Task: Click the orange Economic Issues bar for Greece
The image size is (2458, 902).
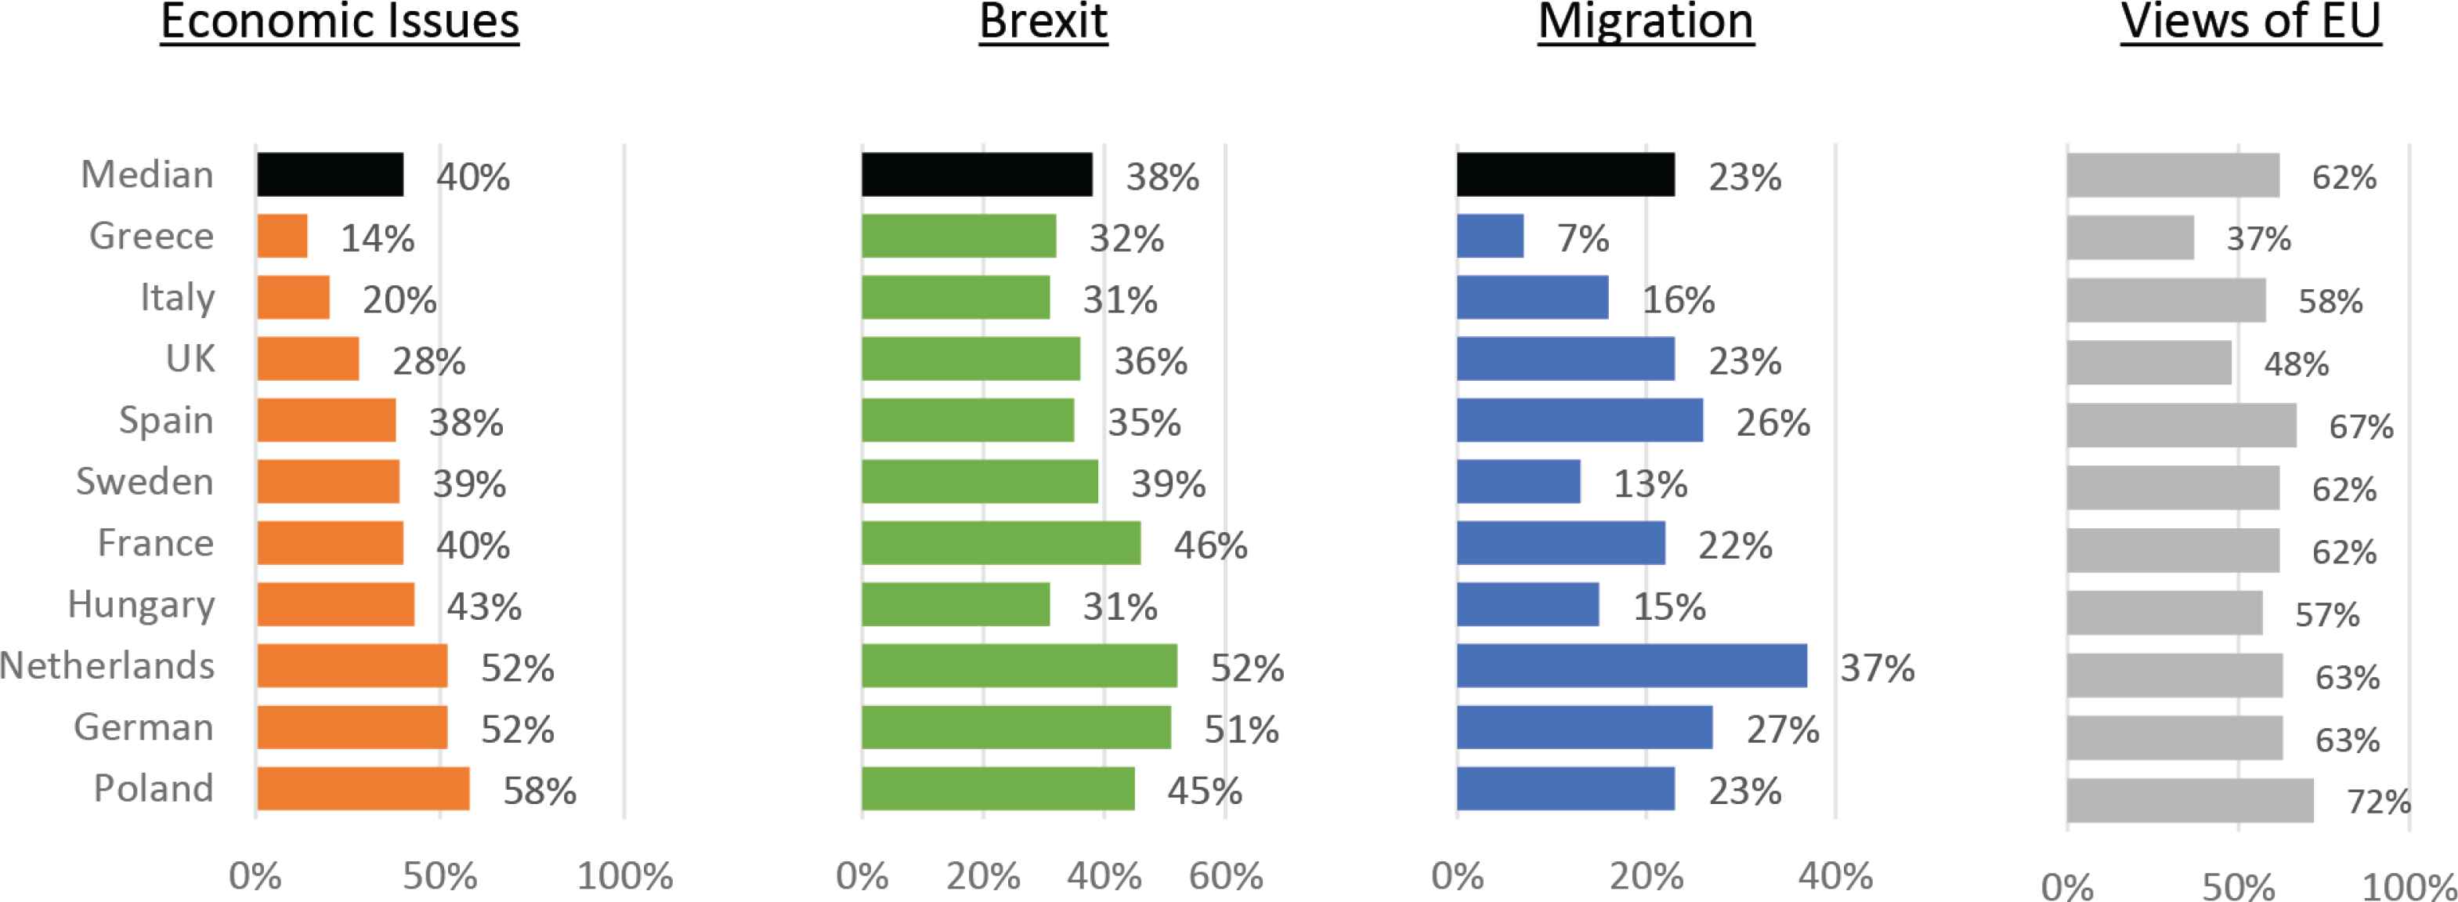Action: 283,236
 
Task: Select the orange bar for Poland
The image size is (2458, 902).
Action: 363,788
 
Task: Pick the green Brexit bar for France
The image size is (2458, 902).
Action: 1001,543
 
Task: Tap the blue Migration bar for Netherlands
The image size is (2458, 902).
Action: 1632,665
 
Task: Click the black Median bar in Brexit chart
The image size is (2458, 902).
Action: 977,175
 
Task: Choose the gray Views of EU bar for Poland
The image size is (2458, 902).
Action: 2190,800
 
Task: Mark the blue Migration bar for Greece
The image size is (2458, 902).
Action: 1491,236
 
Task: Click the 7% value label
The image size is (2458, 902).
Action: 1583,237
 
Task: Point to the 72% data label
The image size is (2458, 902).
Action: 2379,802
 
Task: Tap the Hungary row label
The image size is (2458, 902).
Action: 141,605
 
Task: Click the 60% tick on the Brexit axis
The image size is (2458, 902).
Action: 1225,876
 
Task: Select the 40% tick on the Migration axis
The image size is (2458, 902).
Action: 1835,876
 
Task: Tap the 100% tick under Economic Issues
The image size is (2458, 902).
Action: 625,876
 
